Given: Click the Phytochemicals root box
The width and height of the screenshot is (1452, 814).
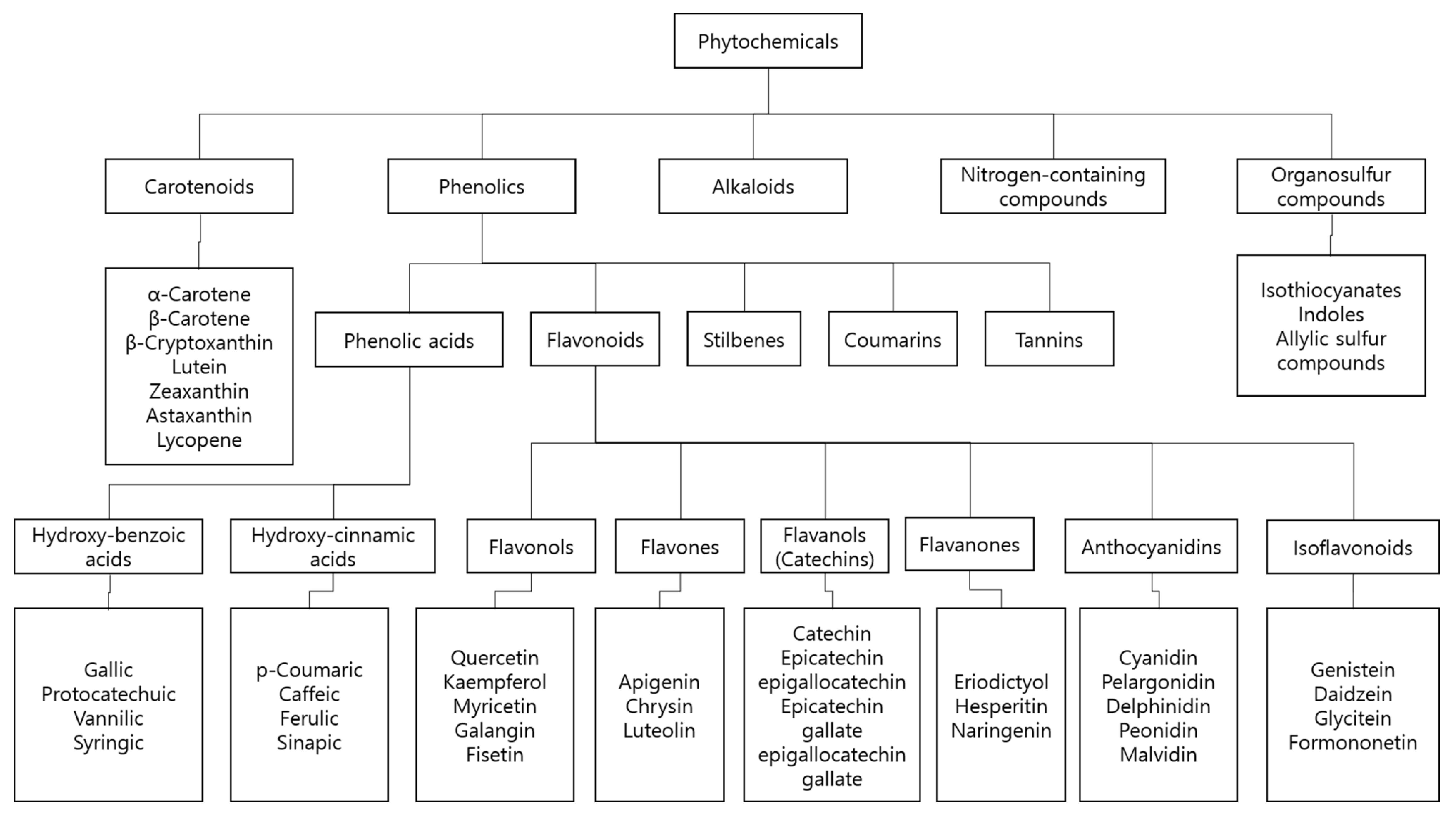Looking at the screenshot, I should pyautogui.click(x=768, y=41).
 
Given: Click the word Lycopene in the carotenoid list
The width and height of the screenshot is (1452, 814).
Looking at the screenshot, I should pyautogui.click(x=199, y=440).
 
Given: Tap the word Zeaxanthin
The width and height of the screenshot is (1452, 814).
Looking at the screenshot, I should pyautogui.click(x=199, y=391).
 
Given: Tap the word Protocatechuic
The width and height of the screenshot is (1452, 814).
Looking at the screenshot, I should pyautogui.click(x=108, y=694).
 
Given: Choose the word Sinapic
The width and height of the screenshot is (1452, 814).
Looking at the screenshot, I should pyautogui.click(x=309, y=742).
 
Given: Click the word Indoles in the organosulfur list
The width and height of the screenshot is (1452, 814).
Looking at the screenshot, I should pyautogui.click(x=1331, y=315).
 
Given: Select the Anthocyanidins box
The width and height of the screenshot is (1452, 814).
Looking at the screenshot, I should pyautogui.click(x=1151, y=547).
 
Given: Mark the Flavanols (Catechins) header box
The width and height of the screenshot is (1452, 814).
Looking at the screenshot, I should pyautogui.click(x=825, y=547).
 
